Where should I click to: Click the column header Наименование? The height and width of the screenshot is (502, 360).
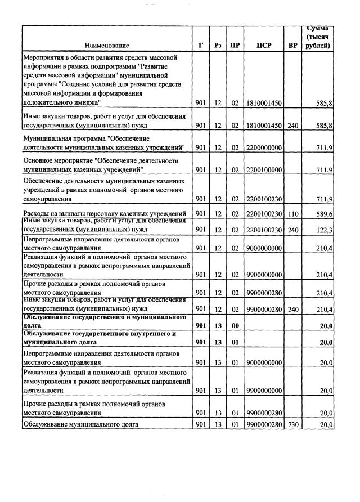(107, 45)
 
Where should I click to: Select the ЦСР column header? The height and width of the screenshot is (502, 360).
(264, 45)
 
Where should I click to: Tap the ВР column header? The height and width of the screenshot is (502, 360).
(292, 45)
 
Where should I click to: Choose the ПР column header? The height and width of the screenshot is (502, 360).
(235, 45)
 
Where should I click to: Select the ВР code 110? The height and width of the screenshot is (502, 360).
(292, 214)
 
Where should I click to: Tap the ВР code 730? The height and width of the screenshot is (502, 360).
(292, 424)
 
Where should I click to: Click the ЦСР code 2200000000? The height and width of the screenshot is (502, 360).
(264, 147)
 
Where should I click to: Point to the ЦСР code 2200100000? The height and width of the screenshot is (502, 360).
(264, 169)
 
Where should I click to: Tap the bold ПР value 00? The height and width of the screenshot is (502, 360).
(235, 325)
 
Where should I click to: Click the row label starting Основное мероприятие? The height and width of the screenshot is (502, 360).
(93, 165)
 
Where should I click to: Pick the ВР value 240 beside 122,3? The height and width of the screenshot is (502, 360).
(292, 230)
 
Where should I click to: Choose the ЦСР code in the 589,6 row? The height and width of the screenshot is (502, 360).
(264, 214)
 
